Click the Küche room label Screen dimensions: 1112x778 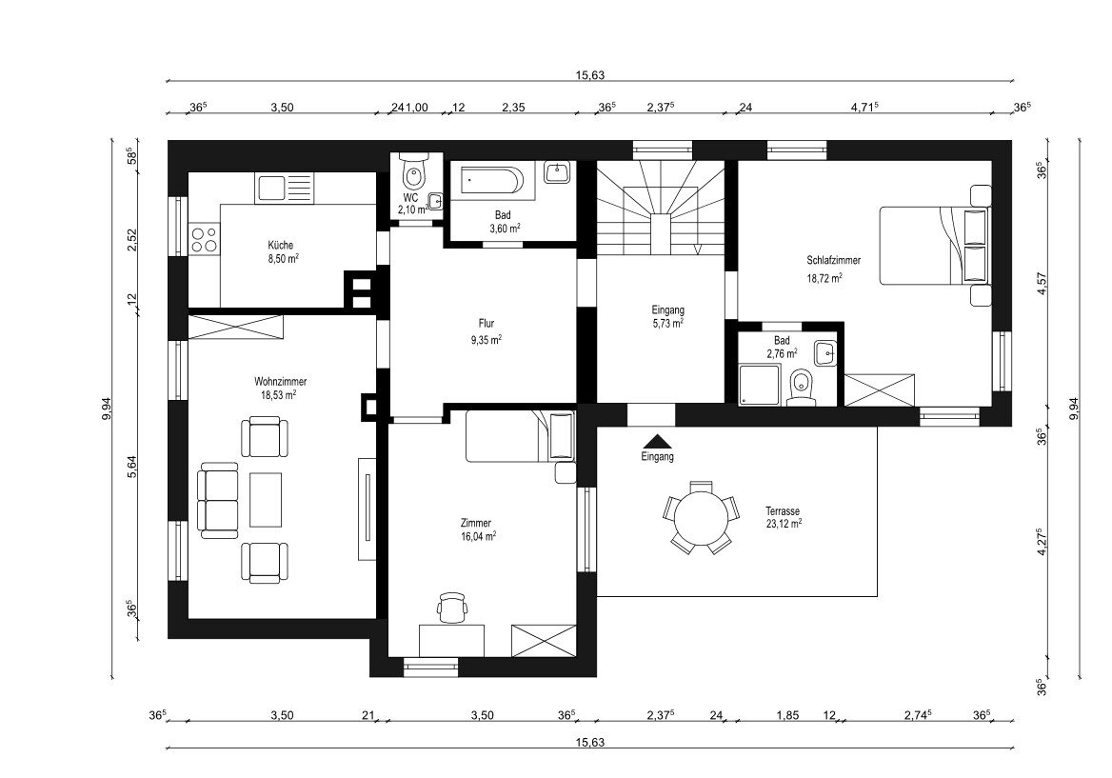click(x=280, y=246)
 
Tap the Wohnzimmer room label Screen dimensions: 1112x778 click(x=280, y=382)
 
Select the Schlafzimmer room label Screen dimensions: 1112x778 click(x=833, y=260)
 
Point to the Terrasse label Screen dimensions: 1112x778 click(x=783, y=510)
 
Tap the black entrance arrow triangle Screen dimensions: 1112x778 click(x=658, y=441)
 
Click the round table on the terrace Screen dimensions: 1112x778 click(x=702, y=518)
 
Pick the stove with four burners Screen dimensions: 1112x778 click(x=205, y=239)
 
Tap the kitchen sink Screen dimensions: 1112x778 click(x=284, y=188)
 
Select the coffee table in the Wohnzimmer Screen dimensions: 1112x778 click(x=266, y=499)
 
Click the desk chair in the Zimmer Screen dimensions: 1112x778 click(x=452, y=608)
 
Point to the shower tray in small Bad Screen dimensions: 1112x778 click(x=759, y=385)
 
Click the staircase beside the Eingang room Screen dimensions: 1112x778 click(x=661, y=208)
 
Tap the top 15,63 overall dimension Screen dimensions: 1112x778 click(x=590, y=75)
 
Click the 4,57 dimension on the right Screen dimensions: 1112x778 click(x=1042, y=282)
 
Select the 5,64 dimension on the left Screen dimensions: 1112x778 click(x=131, y=466)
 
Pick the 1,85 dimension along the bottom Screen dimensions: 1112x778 click(x=787, y=715)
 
